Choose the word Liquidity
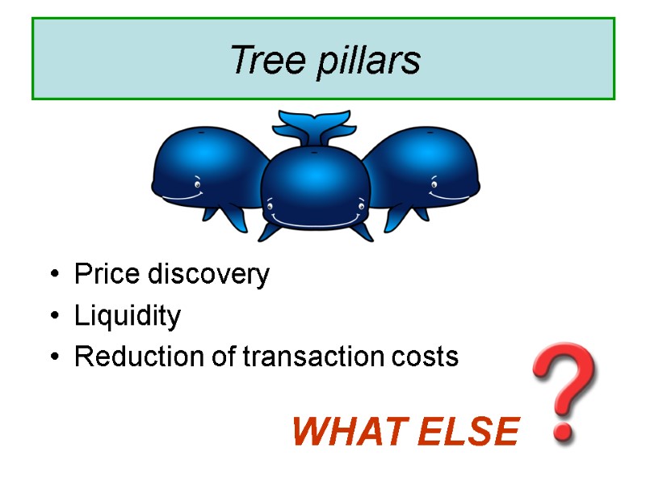[128, 316]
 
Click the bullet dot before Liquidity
[54, 317]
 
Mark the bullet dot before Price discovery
[54, 276]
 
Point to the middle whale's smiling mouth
[315, 219]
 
